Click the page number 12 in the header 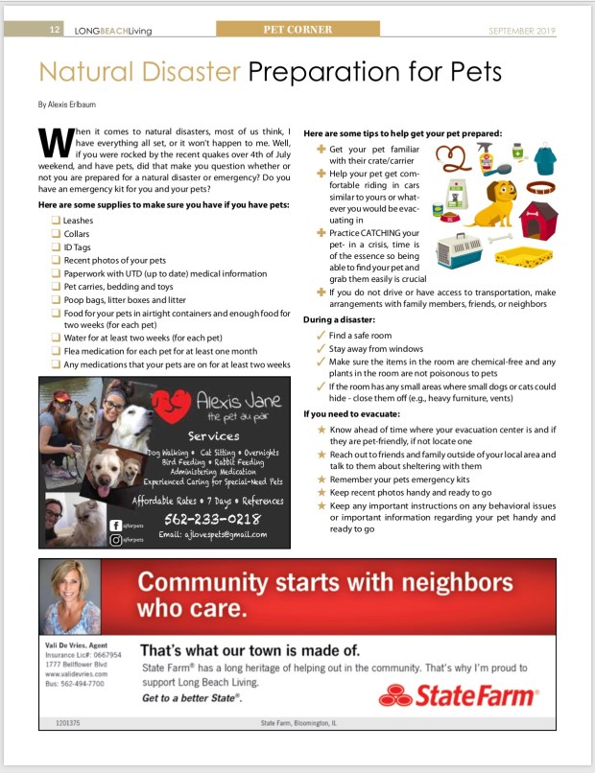(56, 31)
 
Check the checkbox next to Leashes (56, 221)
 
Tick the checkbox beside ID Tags (56, 246)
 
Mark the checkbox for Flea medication (56, 351)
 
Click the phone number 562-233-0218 (212, 518)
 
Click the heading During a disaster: (339, 318)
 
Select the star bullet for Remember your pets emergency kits (321, 479)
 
